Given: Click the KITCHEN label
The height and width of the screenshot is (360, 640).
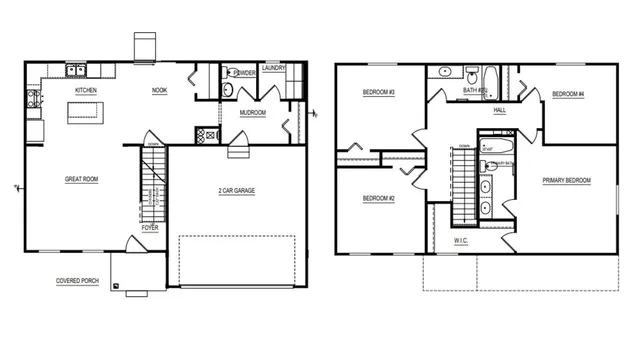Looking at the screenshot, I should (85, 91).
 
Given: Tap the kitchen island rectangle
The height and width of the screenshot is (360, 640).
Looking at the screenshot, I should (85, 113).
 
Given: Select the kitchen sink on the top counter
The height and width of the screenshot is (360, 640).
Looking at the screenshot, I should (74, 70).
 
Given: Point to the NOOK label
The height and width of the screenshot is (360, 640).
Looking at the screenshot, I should (159, 91).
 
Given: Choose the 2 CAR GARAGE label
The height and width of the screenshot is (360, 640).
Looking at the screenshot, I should (236, 190).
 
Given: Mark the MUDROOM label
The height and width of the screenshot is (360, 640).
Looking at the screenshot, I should (253, 113).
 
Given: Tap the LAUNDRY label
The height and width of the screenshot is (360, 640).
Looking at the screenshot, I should (274, 68).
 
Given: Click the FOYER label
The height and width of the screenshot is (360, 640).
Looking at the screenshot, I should (149, 228).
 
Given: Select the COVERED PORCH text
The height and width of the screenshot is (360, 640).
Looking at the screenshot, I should (77, 281).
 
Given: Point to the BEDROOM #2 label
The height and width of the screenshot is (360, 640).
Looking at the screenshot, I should (379, 198).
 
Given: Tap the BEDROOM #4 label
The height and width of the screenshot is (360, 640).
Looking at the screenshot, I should (567, 95).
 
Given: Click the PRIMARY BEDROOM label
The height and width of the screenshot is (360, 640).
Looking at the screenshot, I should (566, 181).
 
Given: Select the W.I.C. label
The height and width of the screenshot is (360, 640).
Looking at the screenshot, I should (461, 241).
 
